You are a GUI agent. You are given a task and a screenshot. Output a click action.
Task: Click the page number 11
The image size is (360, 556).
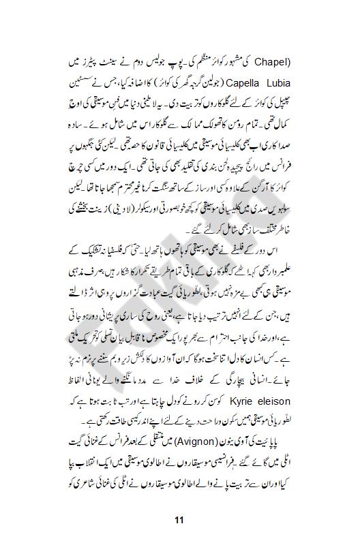tap(179, 521)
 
